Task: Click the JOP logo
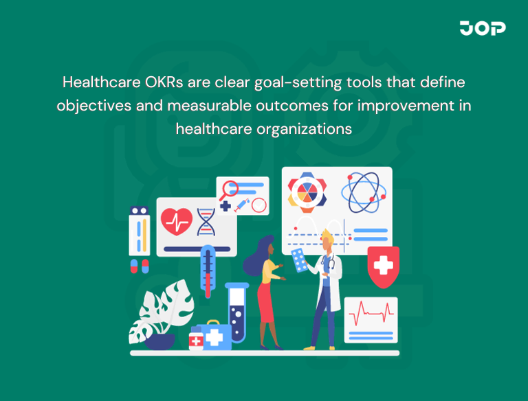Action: tap(483, 28)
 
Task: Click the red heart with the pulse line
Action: tap(177, 220)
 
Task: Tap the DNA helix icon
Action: tap(206, 221)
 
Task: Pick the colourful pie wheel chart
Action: tap(307, 191)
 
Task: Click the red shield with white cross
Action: tap(384, 267)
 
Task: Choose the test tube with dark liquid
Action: tap(236, 312)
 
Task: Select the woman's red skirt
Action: tap(267, 306)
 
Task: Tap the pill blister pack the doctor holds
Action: tap(300, 260)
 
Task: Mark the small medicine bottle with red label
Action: tap(196, 340)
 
